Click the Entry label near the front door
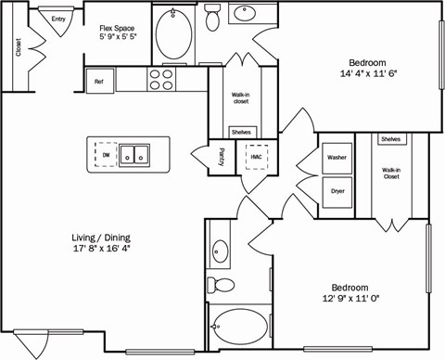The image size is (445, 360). click(x=58, y=19)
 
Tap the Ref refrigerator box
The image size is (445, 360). click(x=99, y=82)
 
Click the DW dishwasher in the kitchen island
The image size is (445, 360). click(x=106, y=154)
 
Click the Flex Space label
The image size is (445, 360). click(x=119, y=29)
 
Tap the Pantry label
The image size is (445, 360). click(x=221, y=156)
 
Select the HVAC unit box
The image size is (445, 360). click(x=256, y=157)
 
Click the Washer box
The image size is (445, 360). click(x=337, y=158)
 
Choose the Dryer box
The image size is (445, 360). click(x=337, y=192)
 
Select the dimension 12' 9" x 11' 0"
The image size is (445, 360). click(x=345, y=299)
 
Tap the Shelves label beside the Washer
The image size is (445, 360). click(x=391, y=139)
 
